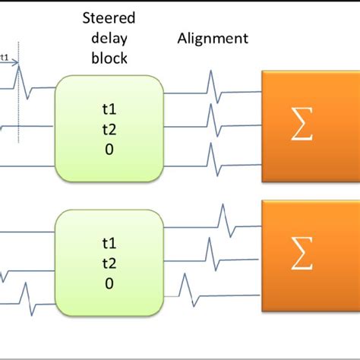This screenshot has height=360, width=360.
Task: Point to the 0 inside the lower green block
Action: (109, 285)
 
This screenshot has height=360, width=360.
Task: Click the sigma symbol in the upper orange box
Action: (302, 128)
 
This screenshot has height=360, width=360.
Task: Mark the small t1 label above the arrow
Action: (5, 55)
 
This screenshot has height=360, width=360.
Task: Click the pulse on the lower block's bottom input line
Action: (25, 293)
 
